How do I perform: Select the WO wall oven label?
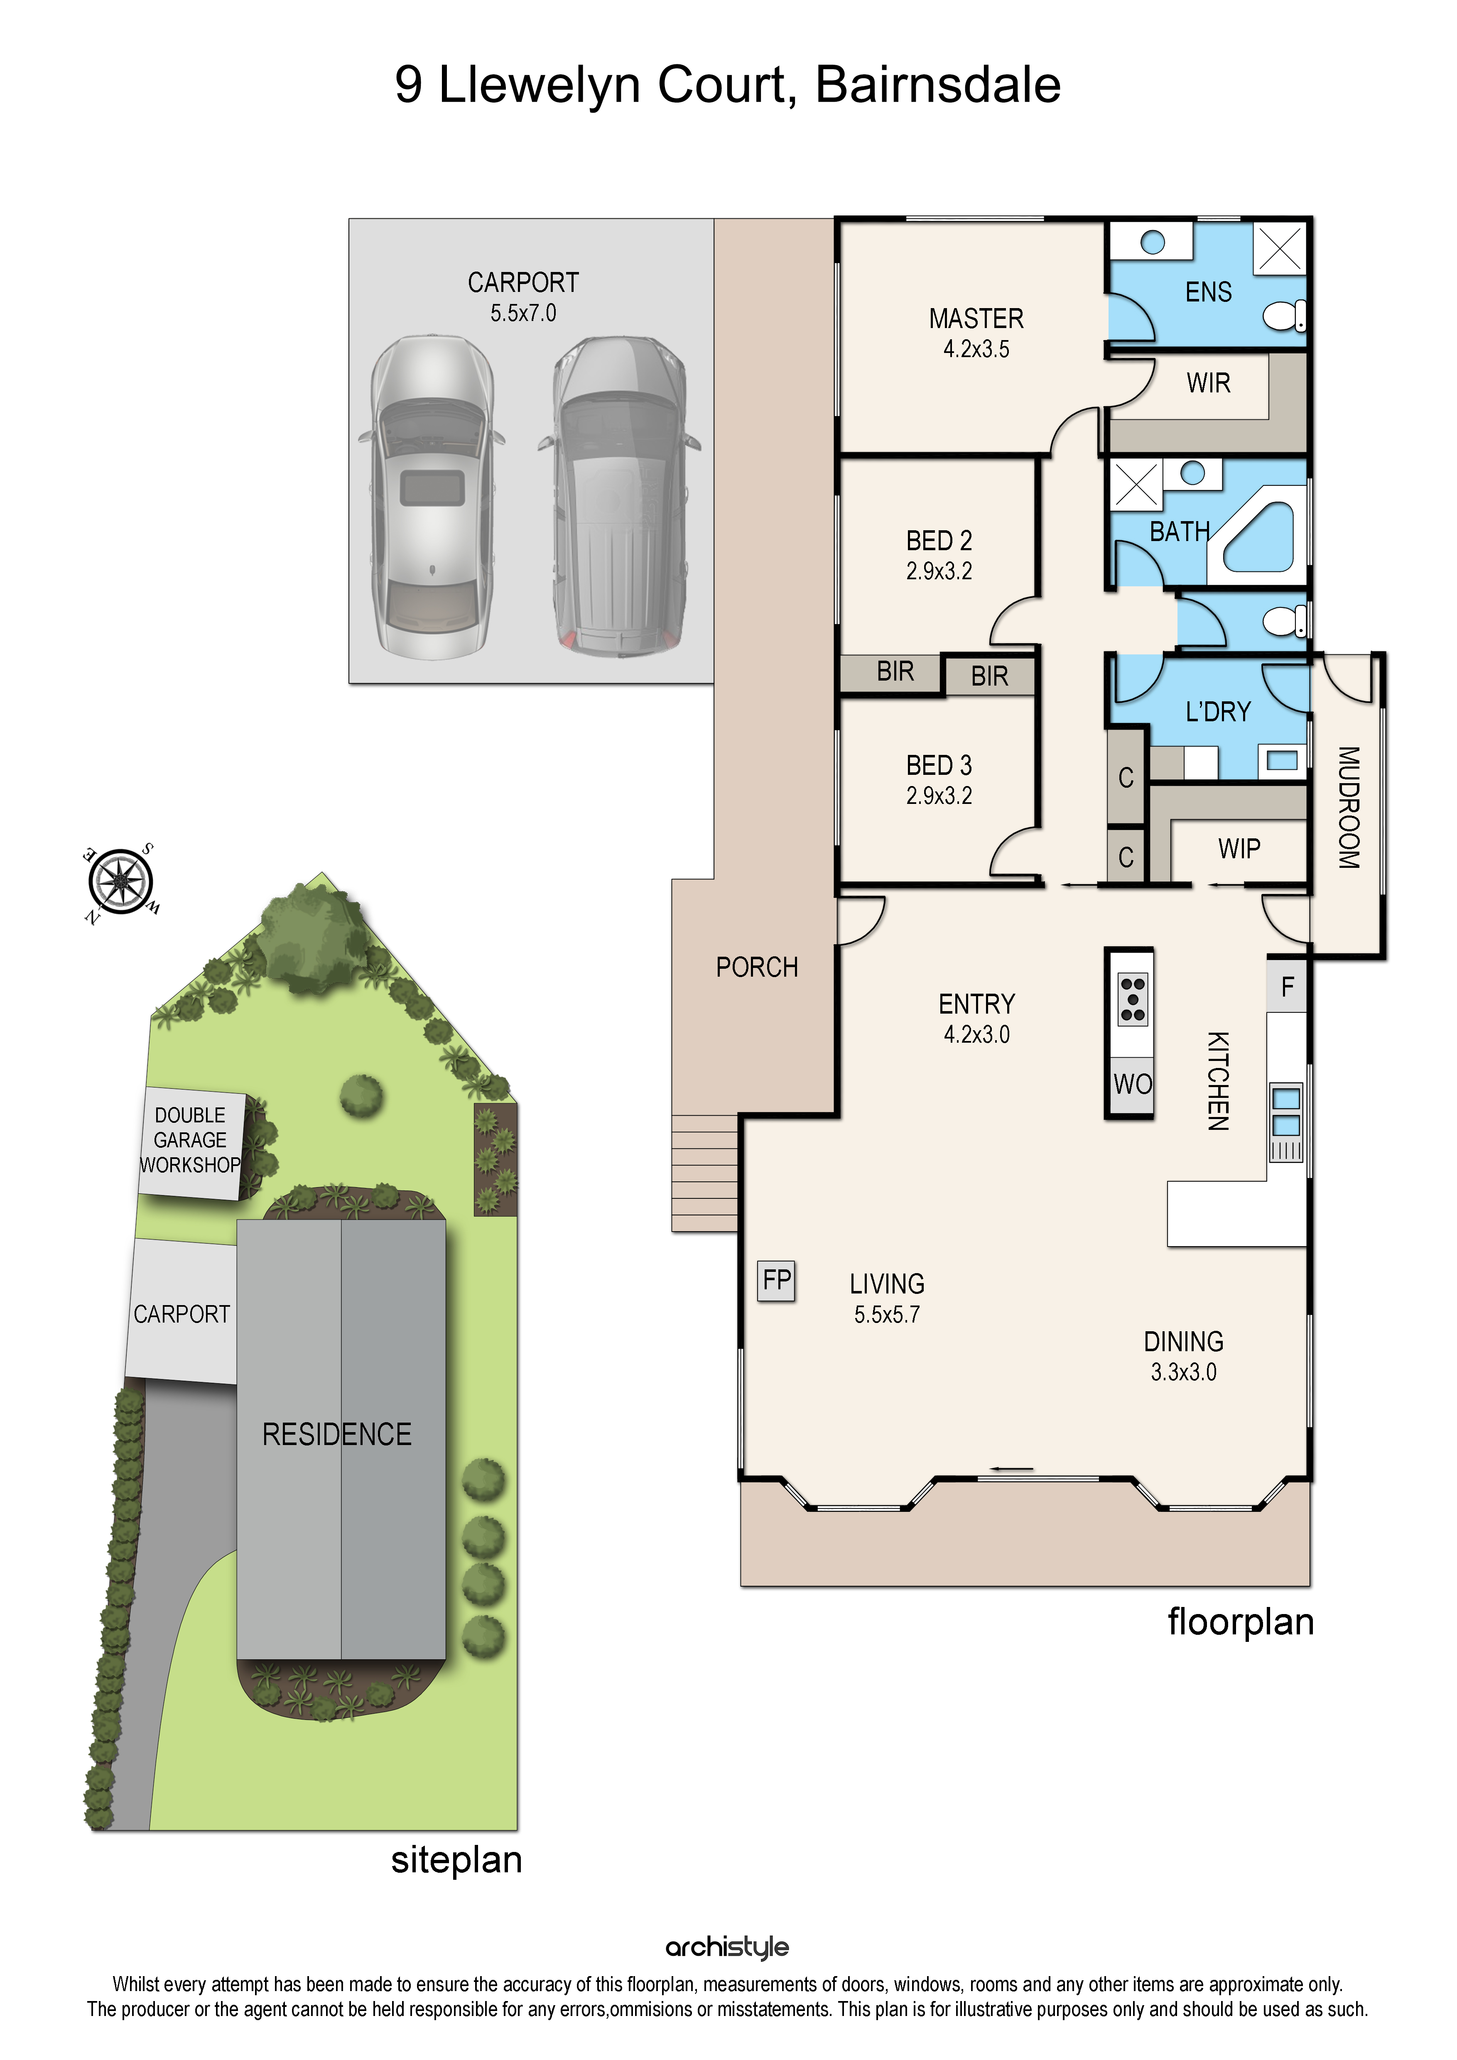pyautogui.click(x=1132, y=1084)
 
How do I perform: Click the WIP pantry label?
pyautogui.click(x=1239, y=849)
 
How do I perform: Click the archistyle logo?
pyautogui.click(x=728, y=1947)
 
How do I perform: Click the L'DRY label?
pyautogui.click(x=1217, y=713)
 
